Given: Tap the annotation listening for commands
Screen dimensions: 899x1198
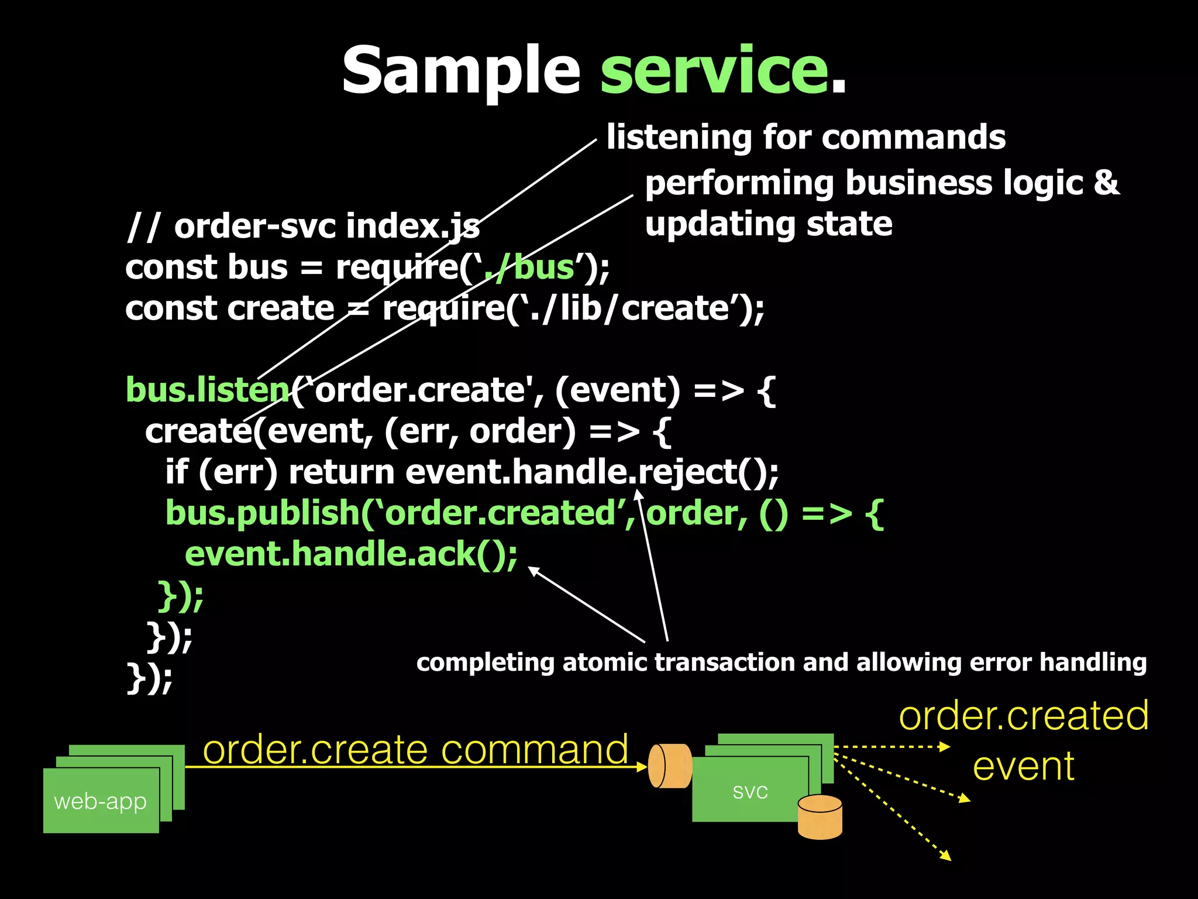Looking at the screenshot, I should [x=805, y=137].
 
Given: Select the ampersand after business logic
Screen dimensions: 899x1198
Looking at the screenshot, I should [x=1106, y=183].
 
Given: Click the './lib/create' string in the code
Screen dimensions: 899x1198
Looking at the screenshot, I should [x=629, y=308].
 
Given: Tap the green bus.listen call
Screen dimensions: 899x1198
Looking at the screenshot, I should [x=208, y=390].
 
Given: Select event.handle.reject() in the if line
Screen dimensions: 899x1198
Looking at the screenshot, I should [x=591, y=472].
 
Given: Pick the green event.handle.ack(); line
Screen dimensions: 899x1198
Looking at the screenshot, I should [x=351, y=554].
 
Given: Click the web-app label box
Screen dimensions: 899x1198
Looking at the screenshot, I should [x=101, y=801].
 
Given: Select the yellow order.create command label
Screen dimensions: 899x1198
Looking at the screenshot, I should [x=415, y=749].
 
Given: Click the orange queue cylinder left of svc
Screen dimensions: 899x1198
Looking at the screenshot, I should [x=670, y=766].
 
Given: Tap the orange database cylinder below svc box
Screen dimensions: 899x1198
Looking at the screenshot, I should [x=820, y=817].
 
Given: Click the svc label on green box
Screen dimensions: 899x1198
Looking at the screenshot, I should [x=750, y=791].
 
